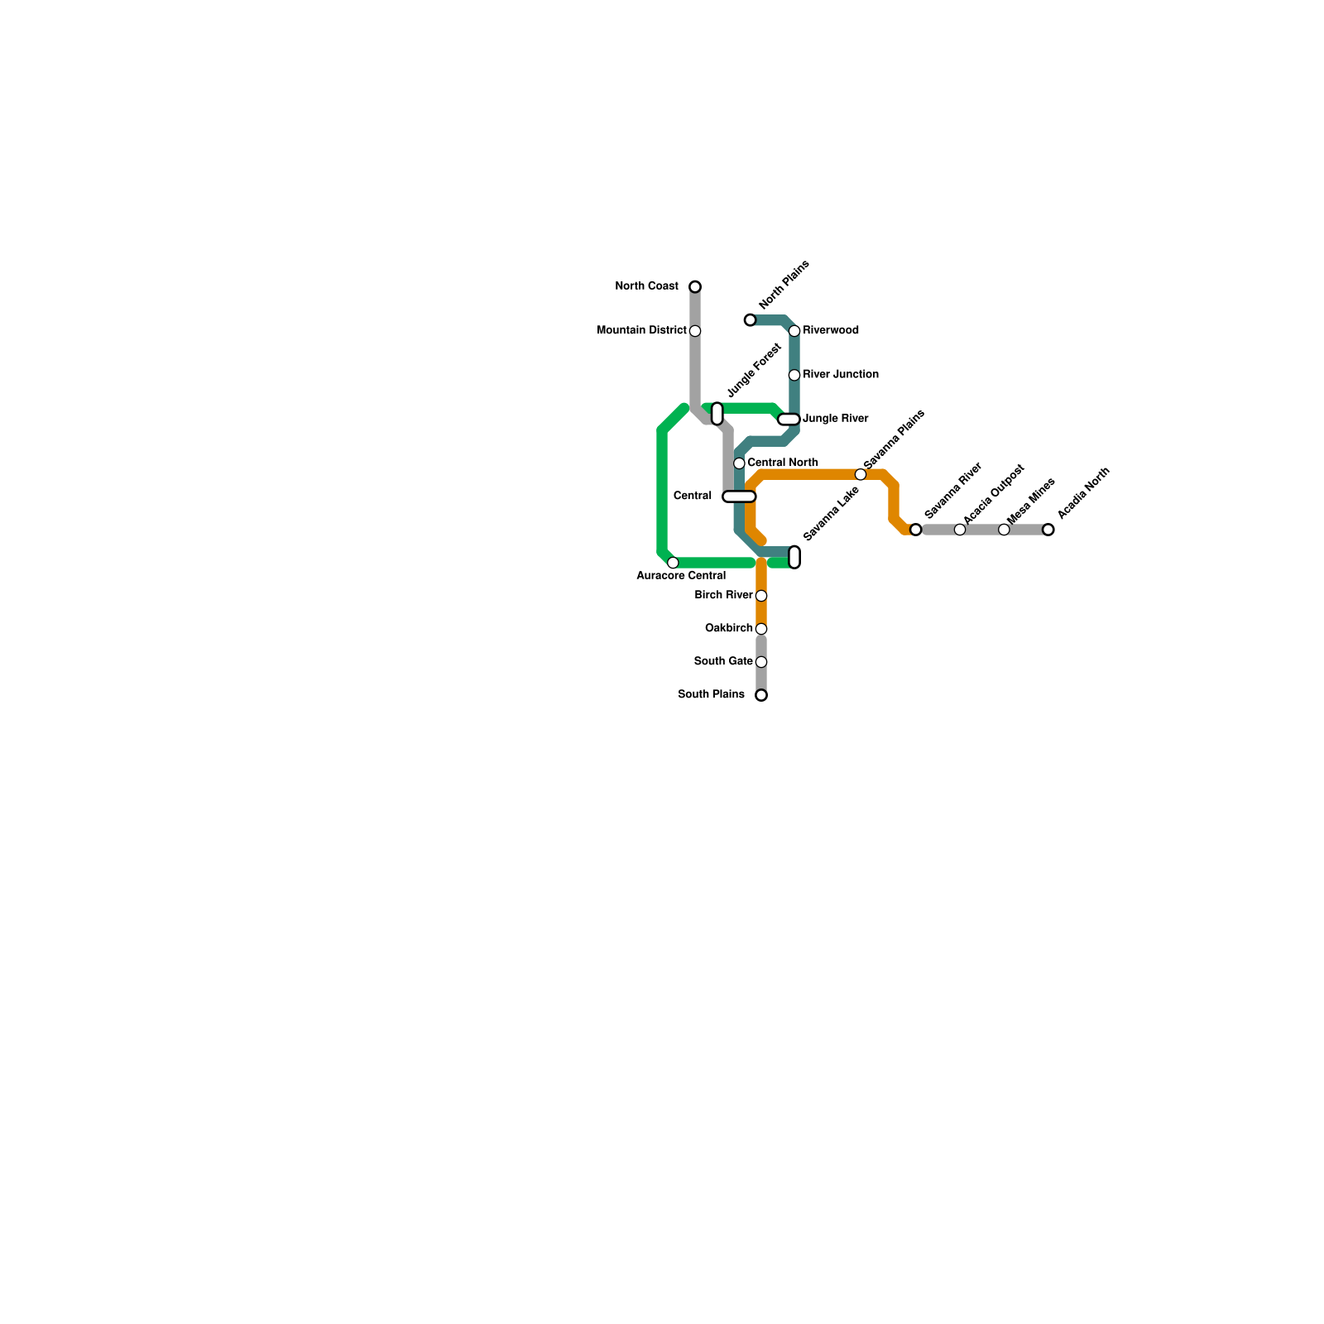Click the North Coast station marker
click(x=695, y=287)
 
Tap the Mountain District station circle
click(x=695, y=331)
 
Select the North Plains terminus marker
click(x=750, y=320)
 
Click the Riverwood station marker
click(x=794, y=331)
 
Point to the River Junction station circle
click(x=794, y=375)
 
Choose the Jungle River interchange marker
click(x=789, y=420)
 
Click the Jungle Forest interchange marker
click(x=717, y=414)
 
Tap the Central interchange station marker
click(x=739, y=496)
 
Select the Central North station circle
click(x=739, y=463)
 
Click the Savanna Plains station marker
click(x=861, y=474)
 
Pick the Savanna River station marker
click(x=915, y=530)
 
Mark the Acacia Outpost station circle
click(x=960, y=530)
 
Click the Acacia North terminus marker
click(x=1048, y=530)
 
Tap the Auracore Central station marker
click(x=673, y=563)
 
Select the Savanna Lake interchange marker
click(x=794, y=557)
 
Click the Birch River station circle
click(x=761, y=596)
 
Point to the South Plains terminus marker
click(x=761, y=695)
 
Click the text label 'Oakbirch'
click(x=728, y=629)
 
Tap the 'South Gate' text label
click(x=722, y=662)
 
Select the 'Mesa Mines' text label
click(x=1030, y=501)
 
